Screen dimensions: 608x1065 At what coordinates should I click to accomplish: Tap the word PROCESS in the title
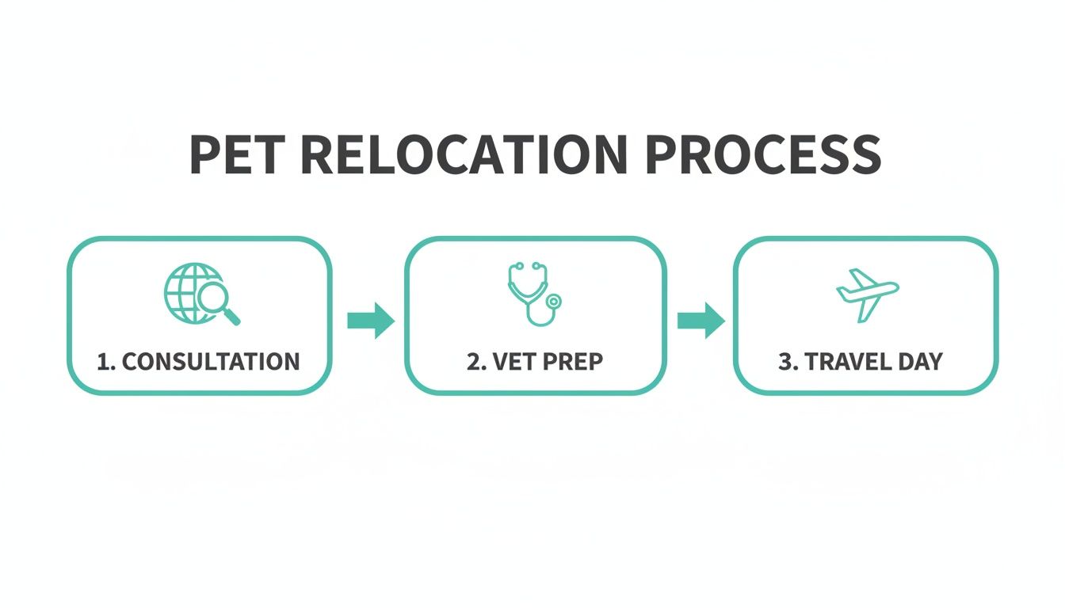tap(763, 155)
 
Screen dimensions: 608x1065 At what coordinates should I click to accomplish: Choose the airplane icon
tap(866, 294)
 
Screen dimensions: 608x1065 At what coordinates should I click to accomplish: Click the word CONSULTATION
tap(211, 362)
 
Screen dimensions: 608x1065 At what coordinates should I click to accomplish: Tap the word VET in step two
tap(513, 362)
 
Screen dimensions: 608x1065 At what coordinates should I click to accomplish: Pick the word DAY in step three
tap(920, 362)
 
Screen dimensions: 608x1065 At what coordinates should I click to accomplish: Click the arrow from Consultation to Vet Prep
tap(370, 320)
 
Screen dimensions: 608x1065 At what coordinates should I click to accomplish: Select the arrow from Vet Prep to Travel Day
tap(700, 320)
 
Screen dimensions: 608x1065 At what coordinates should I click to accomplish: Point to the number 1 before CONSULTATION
tap(102, 362)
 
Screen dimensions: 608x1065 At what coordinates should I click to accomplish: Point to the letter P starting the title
tap(205, 155)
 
